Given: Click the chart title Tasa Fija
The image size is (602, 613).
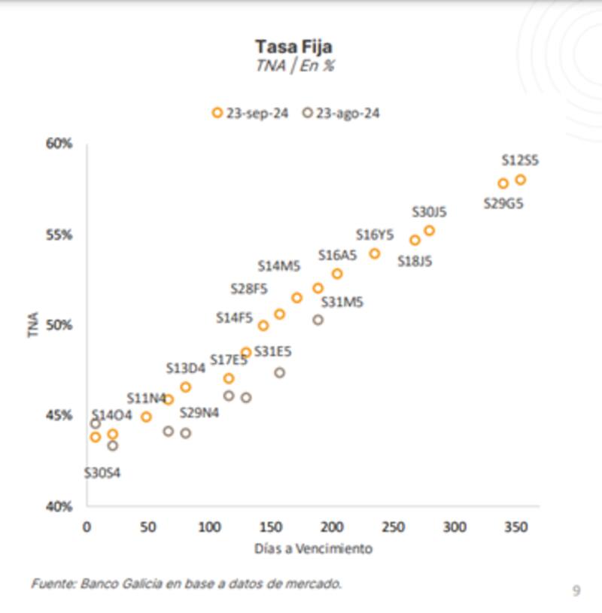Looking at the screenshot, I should [293, 47].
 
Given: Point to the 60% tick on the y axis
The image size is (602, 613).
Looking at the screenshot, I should [59, 144].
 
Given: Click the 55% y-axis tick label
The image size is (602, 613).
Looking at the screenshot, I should [59, 235].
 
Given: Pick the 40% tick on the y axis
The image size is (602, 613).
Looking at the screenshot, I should [59, 506].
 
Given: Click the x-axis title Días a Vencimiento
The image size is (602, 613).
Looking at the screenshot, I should [313, 548].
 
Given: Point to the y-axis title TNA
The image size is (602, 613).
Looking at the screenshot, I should [34, 324].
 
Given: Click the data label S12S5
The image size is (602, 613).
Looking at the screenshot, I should [520, 160].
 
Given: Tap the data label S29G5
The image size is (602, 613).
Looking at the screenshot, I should [503, 203].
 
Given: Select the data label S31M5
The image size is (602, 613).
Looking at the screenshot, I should [342, 302].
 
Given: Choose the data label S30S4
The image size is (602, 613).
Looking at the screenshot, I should [102, 473].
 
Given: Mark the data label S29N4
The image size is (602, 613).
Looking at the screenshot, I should [199, 412].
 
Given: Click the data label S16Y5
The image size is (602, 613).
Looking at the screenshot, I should [375, 235].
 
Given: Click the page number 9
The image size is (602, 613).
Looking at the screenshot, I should [576, 591].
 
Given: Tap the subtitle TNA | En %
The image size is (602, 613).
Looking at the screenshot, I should [294, 66].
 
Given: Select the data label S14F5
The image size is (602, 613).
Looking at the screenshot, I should [234, 318].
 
